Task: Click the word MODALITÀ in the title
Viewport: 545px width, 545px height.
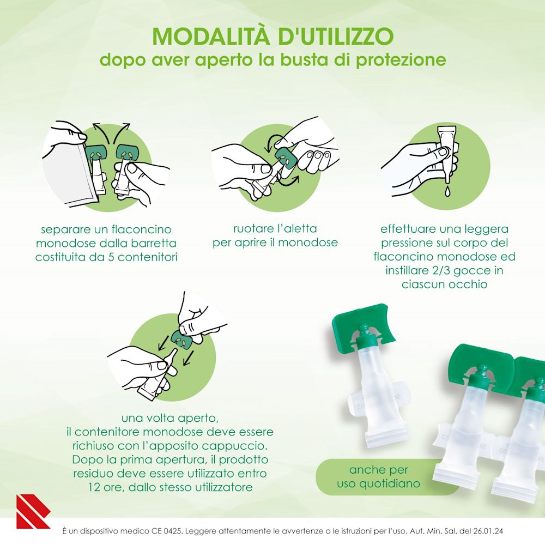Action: click(210, 35)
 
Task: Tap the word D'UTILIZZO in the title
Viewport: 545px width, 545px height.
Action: click(336, 36)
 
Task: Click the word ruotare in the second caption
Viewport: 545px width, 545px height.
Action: click(253, 229)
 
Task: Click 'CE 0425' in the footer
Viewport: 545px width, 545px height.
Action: click(168, 531)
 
